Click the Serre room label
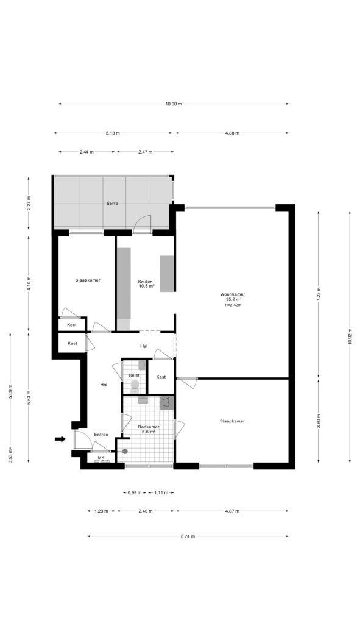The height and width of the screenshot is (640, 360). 111,203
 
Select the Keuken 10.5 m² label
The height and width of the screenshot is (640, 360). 146,283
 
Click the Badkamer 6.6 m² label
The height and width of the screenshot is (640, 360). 149,429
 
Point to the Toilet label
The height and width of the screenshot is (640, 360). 133,375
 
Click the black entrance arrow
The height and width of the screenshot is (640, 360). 60,438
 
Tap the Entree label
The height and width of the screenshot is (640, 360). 101,435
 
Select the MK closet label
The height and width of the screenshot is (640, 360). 101,457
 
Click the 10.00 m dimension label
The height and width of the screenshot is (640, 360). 173,104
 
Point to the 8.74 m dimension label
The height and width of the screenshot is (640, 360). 188,536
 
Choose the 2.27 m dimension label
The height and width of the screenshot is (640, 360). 29,203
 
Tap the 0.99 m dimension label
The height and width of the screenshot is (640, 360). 134,492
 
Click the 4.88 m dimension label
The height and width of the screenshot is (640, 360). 232,133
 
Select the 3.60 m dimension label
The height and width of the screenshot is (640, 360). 319,421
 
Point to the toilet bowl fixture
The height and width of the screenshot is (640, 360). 134,385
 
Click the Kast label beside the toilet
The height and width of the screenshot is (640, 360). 161,377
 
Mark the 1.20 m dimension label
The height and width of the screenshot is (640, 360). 101,511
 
